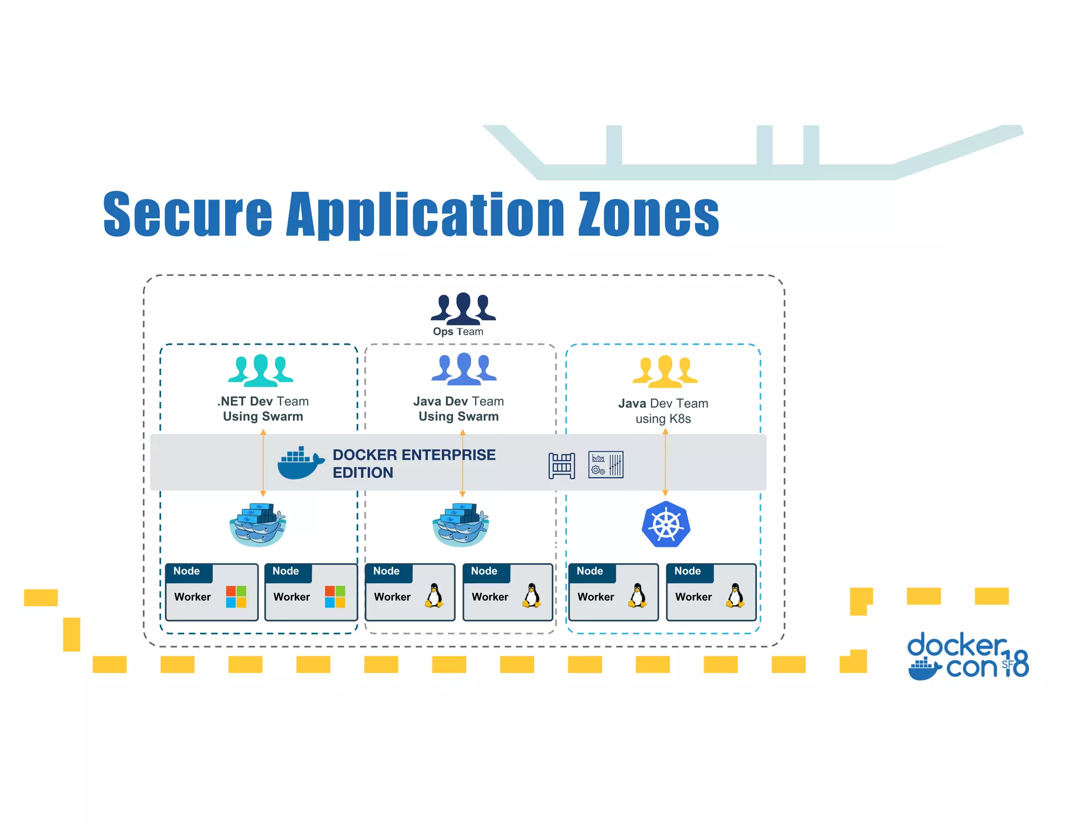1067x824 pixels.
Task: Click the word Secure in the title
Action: [x=188, y=215]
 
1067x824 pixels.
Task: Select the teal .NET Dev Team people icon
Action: [x=260, y=370]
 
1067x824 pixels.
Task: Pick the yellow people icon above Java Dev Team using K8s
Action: [x=665, y=371]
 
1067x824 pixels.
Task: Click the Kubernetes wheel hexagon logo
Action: [x=666, y=524]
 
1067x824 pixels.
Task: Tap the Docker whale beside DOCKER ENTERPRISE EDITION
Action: [x=300, y=463]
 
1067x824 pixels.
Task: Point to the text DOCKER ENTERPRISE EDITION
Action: [x=414, y=463]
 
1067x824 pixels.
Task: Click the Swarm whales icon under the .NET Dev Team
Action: [x=258, y=525]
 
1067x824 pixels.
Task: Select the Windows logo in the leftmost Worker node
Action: [x=236, y=596]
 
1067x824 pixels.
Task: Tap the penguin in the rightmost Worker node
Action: [x=735, y=596]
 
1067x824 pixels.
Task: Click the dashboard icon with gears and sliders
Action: [x=605, y=464]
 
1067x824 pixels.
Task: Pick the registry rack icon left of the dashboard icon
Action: [x=561, y=465]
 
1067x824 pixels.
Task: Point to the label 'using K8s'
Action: [x=663, y=419]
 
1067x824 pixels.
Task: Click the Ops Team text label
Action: [x=458, y=332]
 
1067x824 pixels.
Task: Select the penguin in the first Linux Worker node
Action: [x=434, y=596]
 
